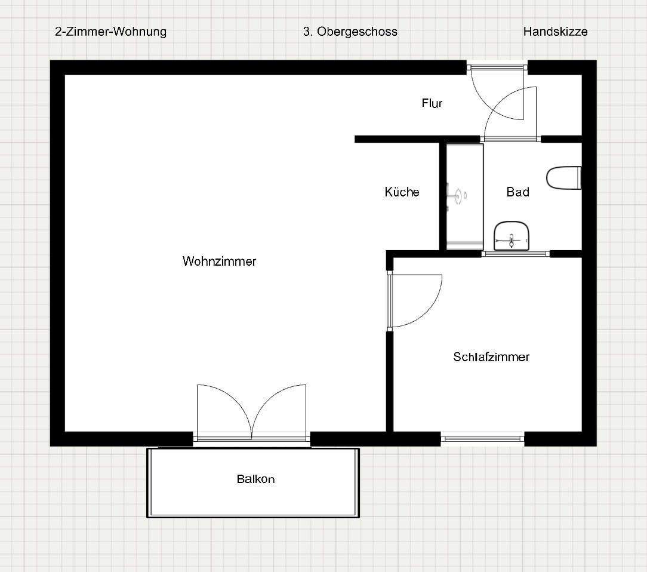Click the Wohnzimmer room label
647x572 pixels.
(x=219, y=261)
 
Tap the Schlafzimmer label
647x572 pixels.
(x=491, y=357)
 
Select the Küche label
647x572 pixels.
(x=402, y=192)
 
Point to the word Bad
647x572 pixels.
(x=517, y=192)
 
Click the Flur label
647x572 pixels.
(x=432, y=103)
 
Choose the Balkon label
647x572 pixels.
(x=255, y=479)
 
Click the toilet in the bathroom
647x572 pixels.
(x=563, y=178)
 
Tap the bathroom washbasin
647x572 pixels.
(x=512, y=236)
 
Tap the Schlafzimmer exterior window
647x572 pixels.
(x=482, y=439)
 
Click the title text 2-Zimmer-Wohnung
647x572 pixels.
(x=110, y=32)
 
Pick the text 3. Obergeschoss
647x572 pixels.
(x=350, y=32)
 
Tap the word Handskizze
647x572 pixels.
(x=555, y=32)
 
